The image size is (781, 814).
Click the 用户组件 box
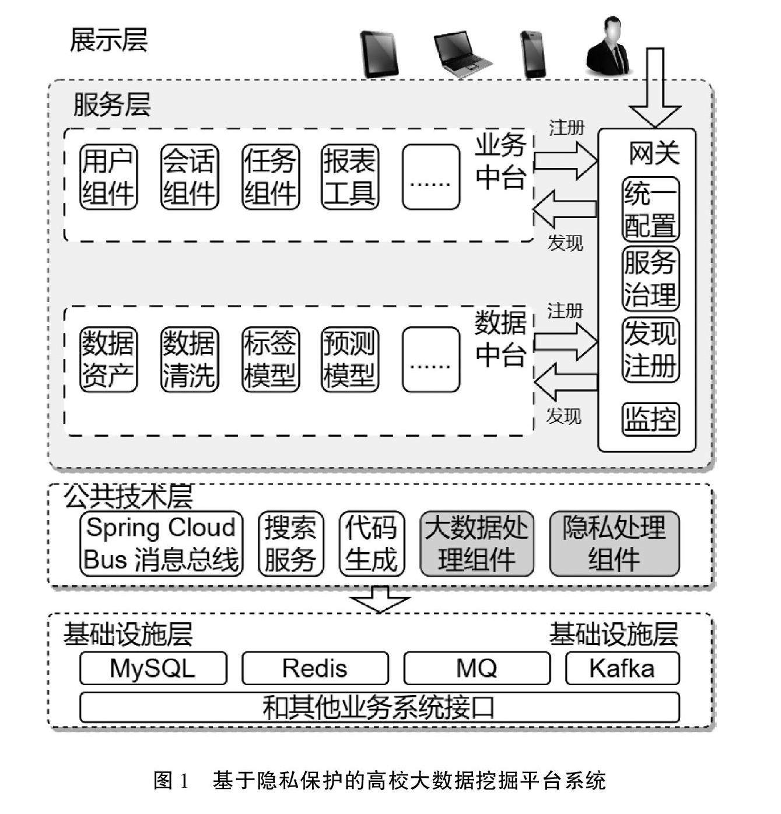pos(108,177)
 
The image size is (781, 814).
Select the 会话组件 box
pos(188,177)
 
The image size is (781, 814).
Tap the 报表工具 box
pos(349,177)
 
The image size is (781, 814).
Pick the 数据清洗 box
pos(188,359)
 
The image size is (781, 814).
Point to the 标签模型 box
pos(269,359)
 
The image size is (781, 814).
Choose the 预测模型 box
pos(349,359)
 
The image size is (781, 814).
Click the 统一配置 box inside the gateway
pos(650,209)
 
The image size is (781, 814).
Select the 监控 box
pos(650,418)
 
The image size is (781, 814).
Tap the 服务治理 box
pos(650,279)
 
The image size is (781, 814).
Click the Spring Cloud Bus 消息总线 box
pos(161,543)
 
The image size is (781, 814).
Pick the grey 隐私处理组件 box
pos(614,543)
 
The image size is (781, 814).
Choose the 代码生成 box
pos(371,543)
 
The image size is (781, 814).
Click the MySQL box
pos(153,668)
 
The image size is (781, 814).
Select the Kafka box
pos(622,668)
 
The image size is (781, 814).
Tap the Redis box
pos(314,668)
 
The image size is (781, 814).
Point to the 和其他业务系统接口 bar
pos(379,707)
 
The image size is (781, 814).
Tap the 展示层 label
pos(108,41)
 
